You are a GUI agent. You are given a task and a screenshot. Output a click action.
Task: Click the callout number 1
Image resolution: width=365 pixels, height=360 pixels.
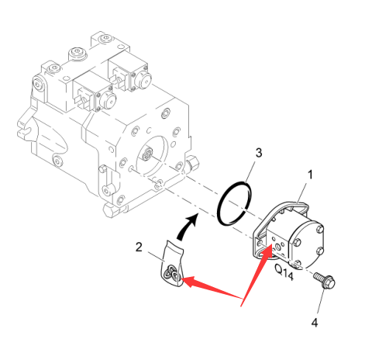pyautogui.click(x=310, y=175)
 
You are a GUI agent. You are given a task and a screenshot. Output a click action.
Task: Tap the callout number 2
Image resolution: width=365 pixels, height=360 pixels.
pyautogui.click(x=139, y=247)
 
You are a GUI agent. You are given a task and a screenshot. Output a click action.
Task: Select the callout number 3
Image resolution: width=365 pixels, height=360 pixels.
pyautogui.click(x=259, y=153)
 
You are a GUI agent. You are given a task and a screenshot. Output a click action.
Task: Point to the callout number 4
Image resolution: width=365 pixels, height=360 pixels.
pyautogui.click(x=315, y=323)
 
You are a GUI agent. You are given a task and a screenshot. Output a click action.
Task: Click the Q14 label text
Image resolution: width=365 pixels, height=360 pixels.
pyautogui.click(x=284, y=272)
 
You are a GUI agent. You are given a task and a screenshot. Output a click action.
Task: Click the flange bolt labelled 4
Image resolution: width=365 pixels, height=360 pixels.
pyautogui.click(x=325, y=280)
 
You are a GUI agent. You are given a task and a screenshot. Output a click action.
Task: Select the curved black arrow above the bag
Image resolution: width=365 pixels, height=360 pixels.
pyautogui.click(x=187, y=227)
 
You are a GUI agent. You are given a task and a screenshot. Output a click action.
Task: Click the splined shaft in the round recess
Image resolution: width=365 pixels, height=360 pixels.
pyautogui.click(x=147, y=154)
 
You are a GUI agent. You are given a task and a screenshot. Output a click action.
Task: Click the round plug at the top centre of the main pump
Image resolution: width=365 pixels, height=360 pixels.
pyautogui.click(x=77, y=54)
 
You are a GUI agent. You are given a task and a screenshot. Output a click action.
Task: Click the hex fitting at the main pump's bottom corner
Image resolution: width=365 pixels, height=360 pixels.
pyautogui.click(x=112, y=211)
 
